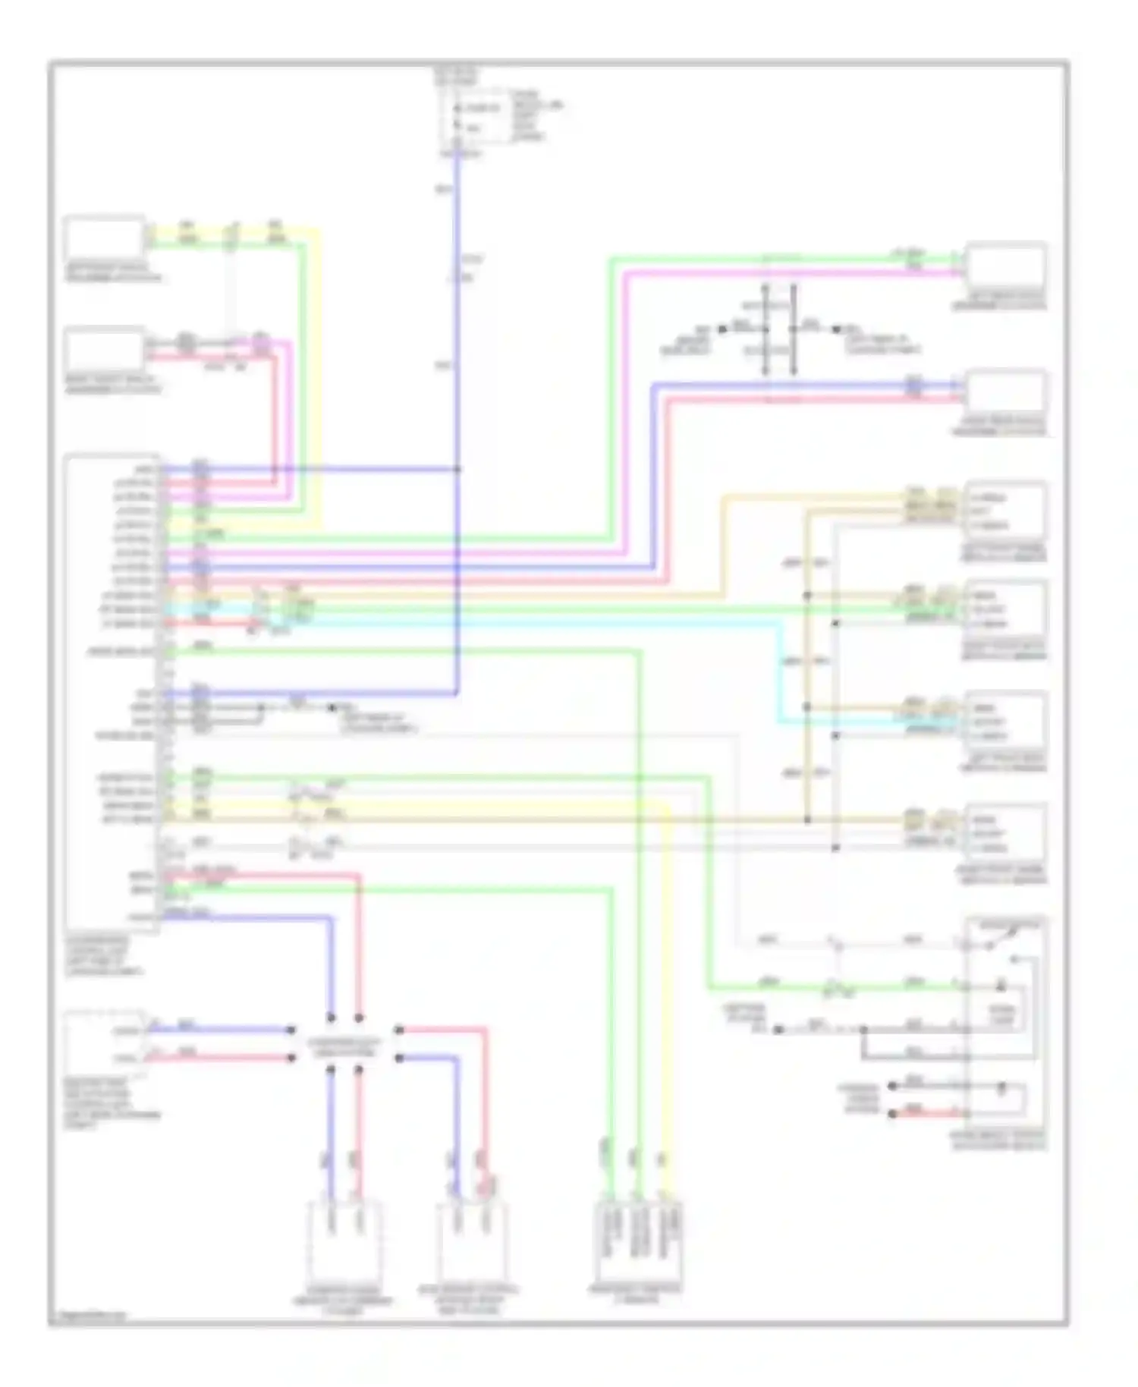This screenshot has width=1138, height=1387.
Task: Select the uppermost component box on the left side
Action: pos(104,238)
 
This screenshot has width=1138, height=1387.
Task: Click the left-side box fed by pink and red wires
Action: pos(104,350)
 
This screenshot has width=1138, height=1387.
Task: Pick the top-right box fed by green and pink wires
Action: pos(1005,267)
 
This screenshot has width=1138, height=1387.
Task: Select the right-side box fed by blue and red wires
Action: pos(1005,393)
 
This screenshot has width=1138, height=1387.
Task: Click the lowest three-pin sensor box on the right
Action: pos(1005,833)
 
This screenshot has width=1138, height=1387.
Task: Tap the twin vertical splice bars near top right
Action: pos(779,329)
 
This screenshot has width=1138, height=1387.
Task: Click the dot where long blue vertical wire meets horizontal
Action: pos(457,469)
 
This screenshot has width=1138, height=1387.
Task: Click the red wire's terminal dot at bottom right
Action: pos(893,1114)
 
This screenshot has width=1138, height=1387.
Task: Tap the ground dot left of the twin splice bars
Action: pos(722,329)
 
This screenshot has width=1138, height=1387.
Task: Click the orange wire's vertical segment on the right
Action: pos(721,546)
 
